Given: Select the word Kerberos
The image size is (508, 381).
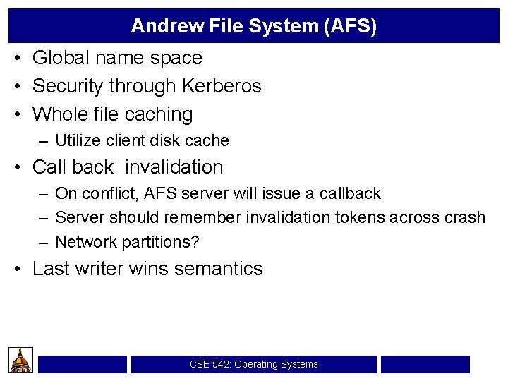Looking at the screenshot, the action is [222, 86].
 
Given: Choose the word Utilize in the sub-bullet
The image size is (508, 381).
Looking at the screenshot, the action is [79, 140].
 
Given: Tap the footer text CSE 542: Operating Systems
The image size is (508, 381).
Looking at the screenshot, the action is [253, 365].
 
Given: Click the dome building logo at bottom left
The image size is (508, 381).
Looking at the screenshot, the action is [21, 360].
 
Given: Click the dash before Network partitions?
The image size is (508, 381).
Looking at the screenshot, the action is [44, 242].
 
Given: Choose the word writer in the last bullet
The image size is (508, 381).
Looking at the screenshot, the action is [99, 269].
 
